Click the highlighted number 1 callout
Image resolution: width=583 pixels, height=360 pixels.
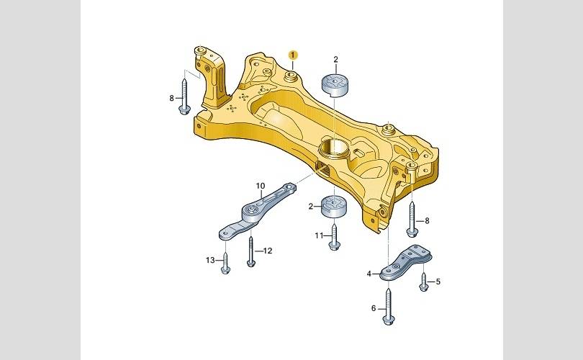coord(294,55)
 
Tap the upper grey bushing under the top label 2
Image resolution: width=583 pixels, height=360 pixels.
coord(335,85)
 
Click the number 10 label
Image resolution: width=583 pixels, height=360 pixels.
coord(261,186)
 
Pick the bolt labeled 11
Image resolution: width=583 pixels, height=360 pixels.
coord(334,237)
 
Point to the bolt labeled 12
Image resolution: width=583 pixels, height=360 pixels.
coord(251,252)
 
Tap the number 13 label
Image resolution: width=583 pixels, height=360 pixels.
coord(210,260)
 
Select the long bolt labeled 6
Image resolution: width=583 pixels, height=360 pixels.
coord(388,307)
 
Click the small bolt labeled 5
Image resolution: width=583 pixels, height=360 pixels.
coord(423,282)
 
